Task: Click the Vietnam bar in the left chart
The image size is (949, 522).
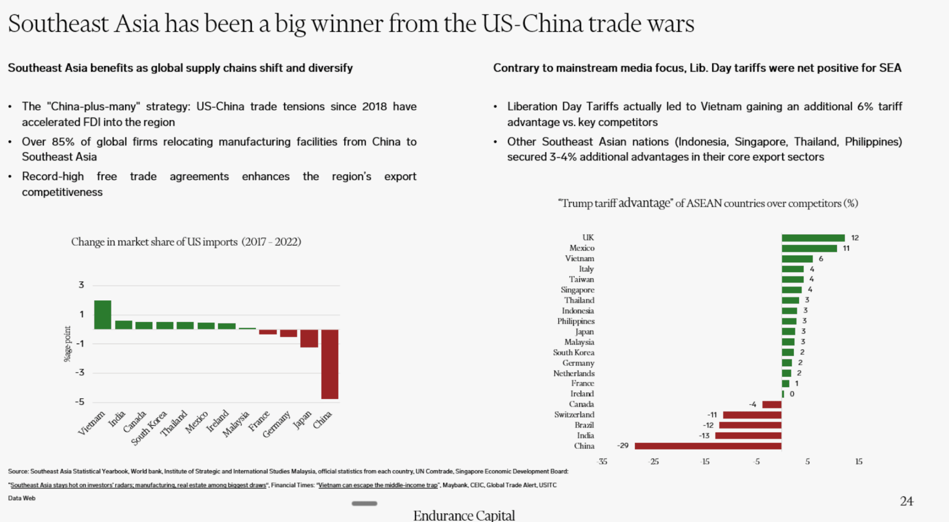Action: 102,315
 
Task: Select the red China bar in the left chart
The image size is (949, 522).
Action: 329,364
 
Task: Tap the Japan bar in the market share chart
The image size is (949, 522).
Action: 309,338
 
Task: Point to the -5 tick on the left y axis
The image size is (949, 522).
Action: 80,402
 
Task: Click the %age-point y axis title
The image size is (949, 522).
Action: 67,344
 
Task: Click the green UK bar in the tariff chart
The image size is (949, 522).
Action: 813,238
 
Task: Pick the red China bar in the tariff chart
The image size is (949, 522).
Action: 708,446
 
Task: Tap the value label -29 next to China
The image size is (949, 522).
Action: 623,446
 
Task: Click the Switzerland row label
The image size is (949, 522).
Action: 574,415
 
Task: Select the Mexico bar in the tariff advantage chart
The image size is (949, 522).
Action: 809,248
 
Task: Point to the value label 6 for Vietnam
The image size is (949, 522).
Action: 821,259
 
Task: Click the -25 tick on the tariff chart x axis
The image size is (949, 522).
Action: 653,462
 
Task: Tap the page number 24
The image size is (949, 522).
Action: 906,501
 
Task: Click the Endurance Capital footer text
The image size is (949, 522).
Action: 464,515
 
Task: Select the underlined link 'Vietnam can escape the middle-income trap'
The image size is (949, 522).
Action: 378,485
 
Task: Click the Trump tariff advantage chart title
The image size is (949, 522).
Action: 708,203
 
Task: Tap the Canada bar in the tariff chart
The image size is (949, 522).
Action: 771,405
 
